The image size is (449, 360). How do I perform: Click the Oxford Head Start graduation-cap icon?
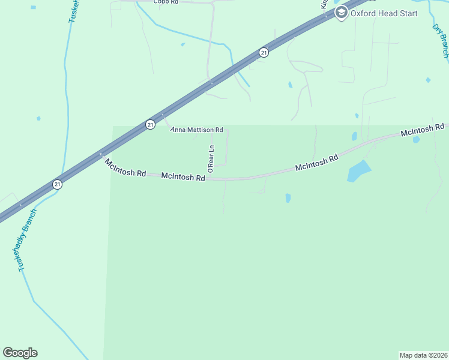click(342, 13)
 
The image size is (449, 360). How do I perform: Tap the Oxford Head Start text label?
click(384, 13)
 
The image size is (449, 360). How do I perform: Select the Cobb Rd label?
click(166, 2)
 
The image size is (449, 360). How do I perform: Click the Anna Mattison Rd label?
click(197, 130)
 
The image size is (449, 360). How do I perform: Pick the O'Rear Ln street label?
click(211, 159)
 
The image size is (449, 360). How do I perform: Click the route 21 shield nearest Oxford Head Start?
click(264, 53)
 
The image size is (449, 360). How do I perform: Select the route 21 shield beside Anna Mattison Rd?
click(150, 124)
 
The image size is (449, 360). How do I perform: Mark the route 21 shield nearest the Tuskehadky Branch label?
click(56, 184)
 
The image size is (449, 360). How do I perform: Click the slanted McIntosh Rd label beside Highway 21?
click(125, 167)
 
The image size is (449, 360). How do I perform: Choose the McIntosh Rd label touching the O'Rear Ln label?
click(183, 177)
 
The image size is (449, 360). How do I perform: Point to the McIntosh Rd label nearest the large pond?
click(317, 163)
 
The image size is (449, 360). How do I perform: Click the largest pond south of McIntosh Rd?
click(358, 171)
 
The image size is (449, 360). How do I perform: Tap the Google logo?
click(20, 353)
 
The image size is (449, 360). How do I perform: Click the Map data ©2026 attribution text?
click(423, 355)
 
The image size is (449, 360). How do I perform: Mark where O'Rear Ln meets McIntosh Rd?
click(211, 178)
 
